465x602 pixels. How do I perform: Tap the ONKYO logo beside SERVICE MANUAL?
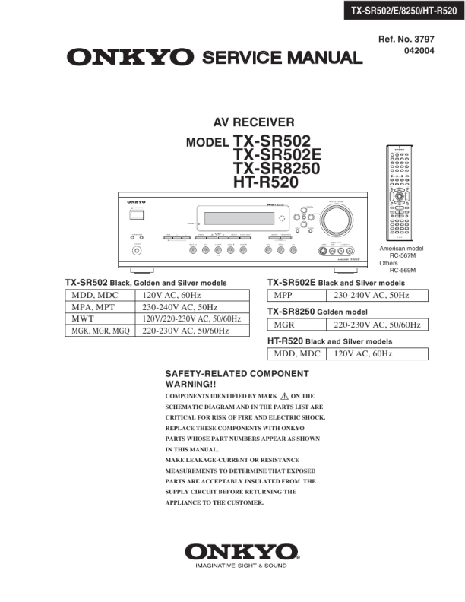129,57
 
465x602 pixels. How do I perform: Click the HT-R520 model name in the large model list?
265,182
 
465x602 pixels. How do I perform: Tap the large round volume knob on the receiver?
336,222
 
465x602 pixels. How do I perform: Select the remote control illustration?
400,193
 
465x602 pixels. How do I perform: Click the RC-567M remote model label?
403,256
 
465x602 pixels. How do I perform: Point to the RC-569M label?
403,271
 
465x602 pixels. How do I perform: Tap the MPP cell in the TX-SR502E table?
283,296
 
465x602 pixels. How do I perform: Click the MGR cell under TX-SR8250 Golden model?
283,325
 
